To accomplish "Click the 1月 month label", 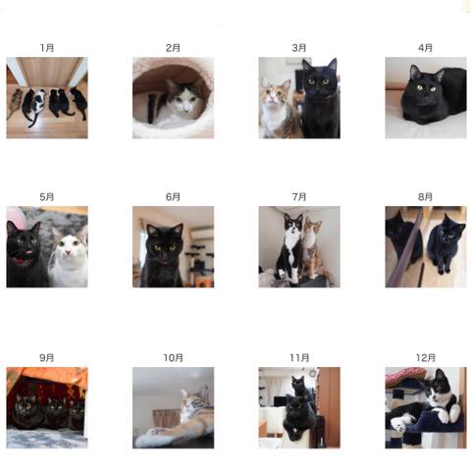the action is point(47,48).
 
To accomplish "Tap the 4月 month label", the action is point(425,48).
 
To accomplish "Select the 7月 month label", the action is point(299,197).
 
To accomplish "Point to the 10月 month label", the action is point(173,358).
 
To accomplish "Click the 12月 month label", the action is point(426,358).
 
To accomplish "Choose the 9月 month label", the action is point(47,358).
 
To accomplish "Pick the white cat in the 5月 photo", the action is point(70,257).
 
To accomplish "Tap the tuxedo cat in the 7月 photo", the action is point(290,248).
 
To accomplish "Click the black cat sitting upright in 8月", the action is point(445,243).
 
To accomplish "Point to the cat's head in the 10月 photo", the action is point(195,399).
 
